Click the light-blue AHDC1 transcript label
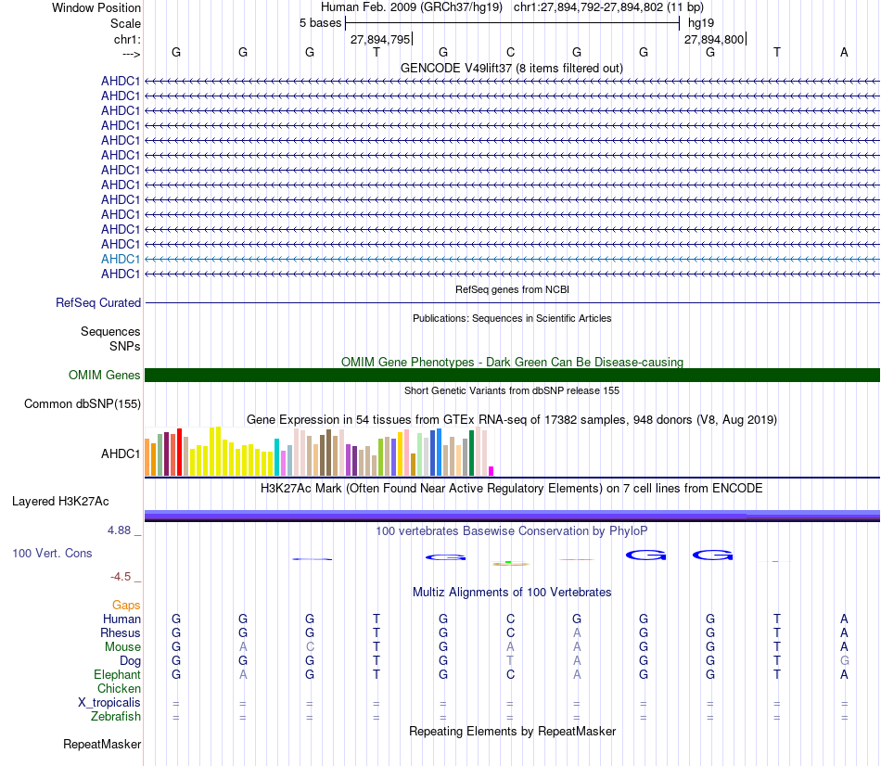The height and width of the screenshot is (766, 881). coord(121,259)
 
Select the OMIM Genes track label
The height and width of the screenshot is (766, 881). coord(105,376)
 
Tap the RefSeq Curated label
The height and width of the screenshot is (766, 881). coord(98,302)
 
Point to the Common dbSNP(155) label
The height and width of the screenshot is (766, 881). coord(83,403)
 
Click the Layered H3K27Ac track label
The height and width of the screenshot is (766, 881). coord(60,502)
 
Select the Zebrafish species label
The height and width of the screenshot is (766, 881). coord(116,717)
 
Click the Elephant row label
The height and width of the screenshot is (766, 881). coord(117,675)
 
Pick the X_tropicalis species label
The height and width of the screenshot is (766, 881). coord(109,703)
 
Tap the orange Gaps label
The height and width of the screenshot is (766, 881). coord(126,605)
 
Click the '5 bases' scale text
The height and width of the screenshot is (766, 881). coord(320,22)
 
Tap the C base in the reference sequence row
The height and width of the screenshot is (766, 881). coord(510,52)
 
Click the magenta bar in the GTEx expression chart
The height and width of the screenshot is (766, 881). coord(492,470)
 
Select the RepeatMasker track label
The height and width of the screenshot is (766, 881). coord(102,744)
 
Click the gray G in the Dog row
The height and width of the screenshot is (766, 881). coord(844,661)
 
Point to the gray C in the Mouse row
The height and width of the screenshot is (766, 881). coord(310,647)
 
